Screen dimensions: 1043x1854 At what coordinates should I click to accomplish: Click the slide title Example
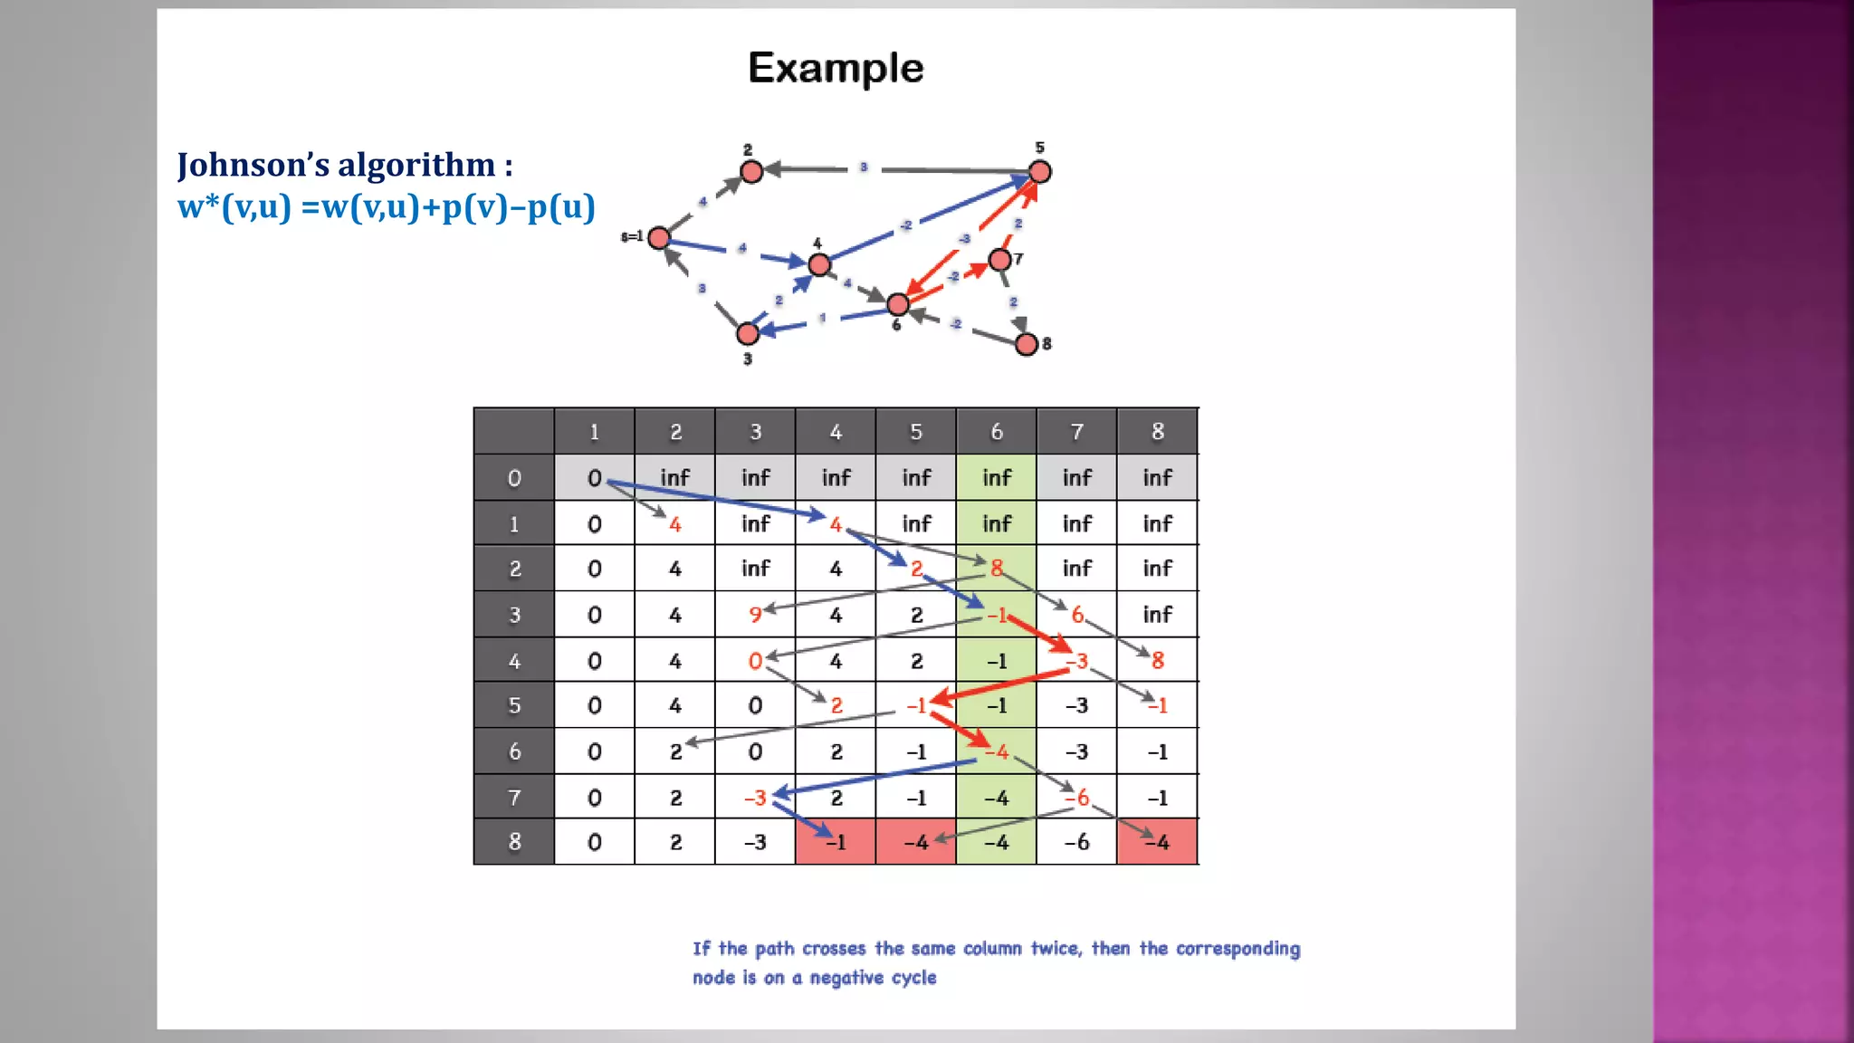pos(836,69)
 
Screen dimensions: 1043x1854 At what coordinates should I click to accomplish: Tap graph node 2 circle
pos(751,171)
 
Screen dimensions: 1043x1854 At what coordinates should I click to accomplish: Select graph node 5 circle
pos(1040,171)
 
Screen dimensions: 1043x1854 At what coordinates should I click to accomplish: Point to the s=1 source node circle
pos(659,238)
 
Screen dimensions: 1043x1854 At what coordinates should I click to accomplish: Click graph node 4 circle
pos(819,264)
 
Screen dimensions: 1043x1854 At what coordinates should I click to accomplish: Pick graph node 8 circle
pos(1027,344)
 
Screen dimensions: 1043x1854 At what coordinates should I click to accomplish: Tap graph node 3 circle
pos(748,333)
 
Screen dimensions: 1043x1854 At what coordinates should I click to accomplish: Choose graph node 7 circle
pos(999,260)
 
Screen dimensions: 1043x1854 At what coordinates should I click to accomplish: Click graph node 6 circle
pos(898,304)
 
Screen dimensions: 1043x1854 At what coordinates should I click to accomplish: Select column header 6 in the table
pos(996,432)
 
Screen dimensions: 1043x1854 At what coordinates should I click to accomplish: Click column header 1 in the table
pos(594,432)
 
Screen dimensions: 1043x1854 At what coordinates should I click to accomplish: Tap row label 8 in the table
pos(514,842)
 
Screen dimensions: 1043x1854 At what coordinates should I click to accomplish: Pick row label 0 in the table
pos(514,478)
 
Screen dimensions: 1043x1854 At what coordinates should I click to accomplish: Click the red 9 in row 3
pos(754,616)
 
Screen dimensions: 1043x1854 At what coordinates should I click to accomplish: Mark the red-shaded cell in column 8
pos(1157,842)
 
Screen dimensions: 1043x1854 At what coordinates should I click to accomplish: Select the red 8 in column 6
pos(996,569)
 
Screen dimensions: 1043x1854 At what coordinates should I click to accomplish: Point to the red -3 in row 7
pos(755,798)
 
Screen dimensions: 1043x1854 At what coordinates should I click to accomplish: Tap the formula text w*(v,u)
pos(234,207)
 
